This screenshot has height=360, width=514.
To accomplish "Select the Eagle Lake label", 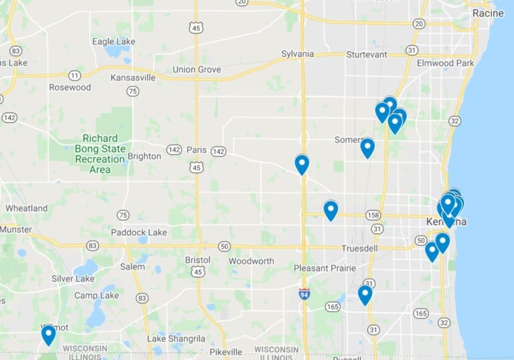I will [113, 41].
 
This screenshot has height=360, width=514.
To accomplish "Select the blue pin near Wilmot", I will [48, 334].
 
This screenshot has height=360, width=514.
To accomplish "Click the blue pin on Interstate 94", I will [302, 163].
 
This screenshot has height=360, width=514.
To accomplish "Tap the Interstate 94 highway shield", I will [304, 293].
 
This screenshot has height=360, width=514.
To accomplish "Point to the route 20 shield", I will [419, 23].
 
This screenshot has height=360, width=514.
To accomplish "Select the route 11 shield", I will [75, 75].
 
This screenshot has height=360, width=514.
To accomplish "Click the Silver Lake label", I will [73, 278].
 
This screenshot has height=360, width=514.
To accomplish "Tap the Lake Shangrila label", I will [176, 339].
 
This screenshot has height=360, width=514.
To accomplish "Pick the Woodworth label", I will [251, 261].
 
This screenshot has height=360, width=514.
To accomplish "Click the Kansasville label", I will [133, 78].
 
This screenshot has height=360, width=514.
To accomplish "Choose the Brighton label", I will [144, 156].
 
